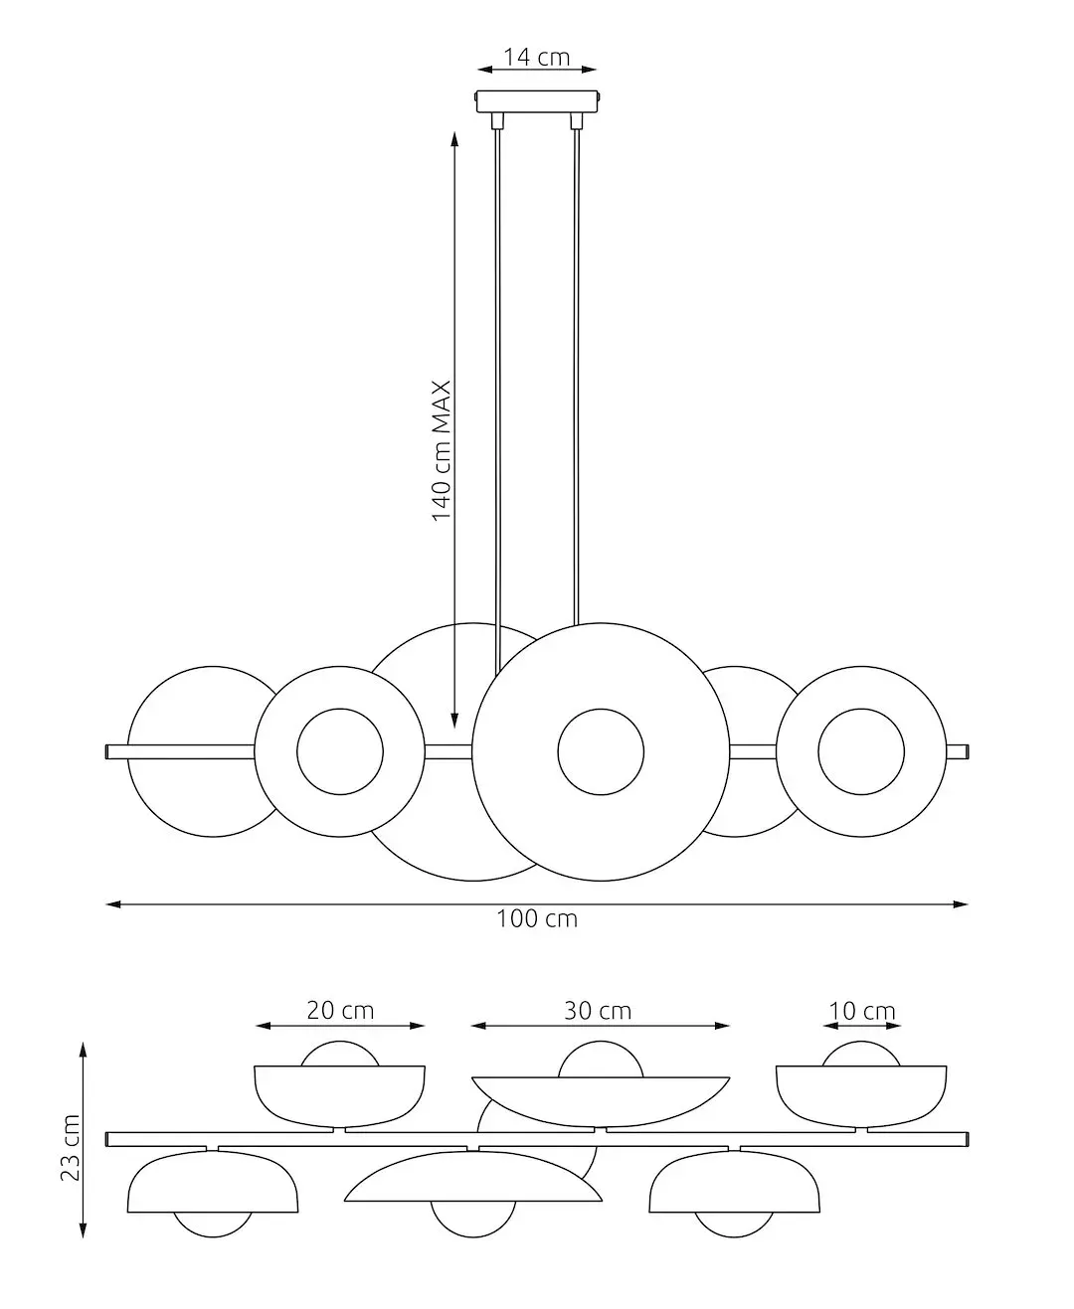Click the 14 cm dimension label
pos(537,57)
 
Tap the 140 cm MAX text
pos(442,449)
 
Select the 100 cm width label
pos(537,919)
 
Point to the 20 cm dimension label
pos(340,1011)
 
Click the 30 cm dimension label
pos(598,1011)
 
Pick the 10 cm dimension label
pos(862,1012)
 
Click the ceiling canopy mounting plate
pos(538,102)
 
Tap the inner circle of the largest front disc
pos(601,751)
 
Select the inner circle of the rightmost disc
pos(861,752)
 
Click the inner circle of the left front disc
pos(340,752)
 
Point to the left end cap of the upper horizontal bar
pos(108,752)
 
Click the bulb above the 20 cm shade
pos(340,1055)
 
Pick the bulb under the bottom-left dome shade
pos(213,1224)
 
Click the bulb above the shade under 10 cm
pos(861,1055)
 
